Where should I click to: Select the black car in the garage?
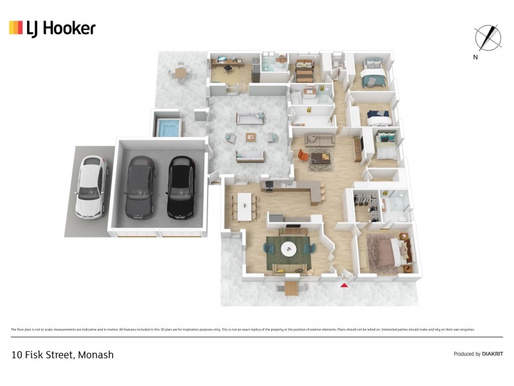coord(182,187)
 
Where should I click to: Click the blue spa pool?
coord(168,128)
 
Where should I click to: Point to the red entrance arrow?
coord(344,284)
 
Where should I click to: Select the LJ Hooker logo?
coord(52,28)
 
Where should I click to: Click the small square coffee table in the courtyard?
coord(251,136)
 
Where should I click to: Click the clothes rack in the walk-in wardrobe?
coord(365,199)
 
